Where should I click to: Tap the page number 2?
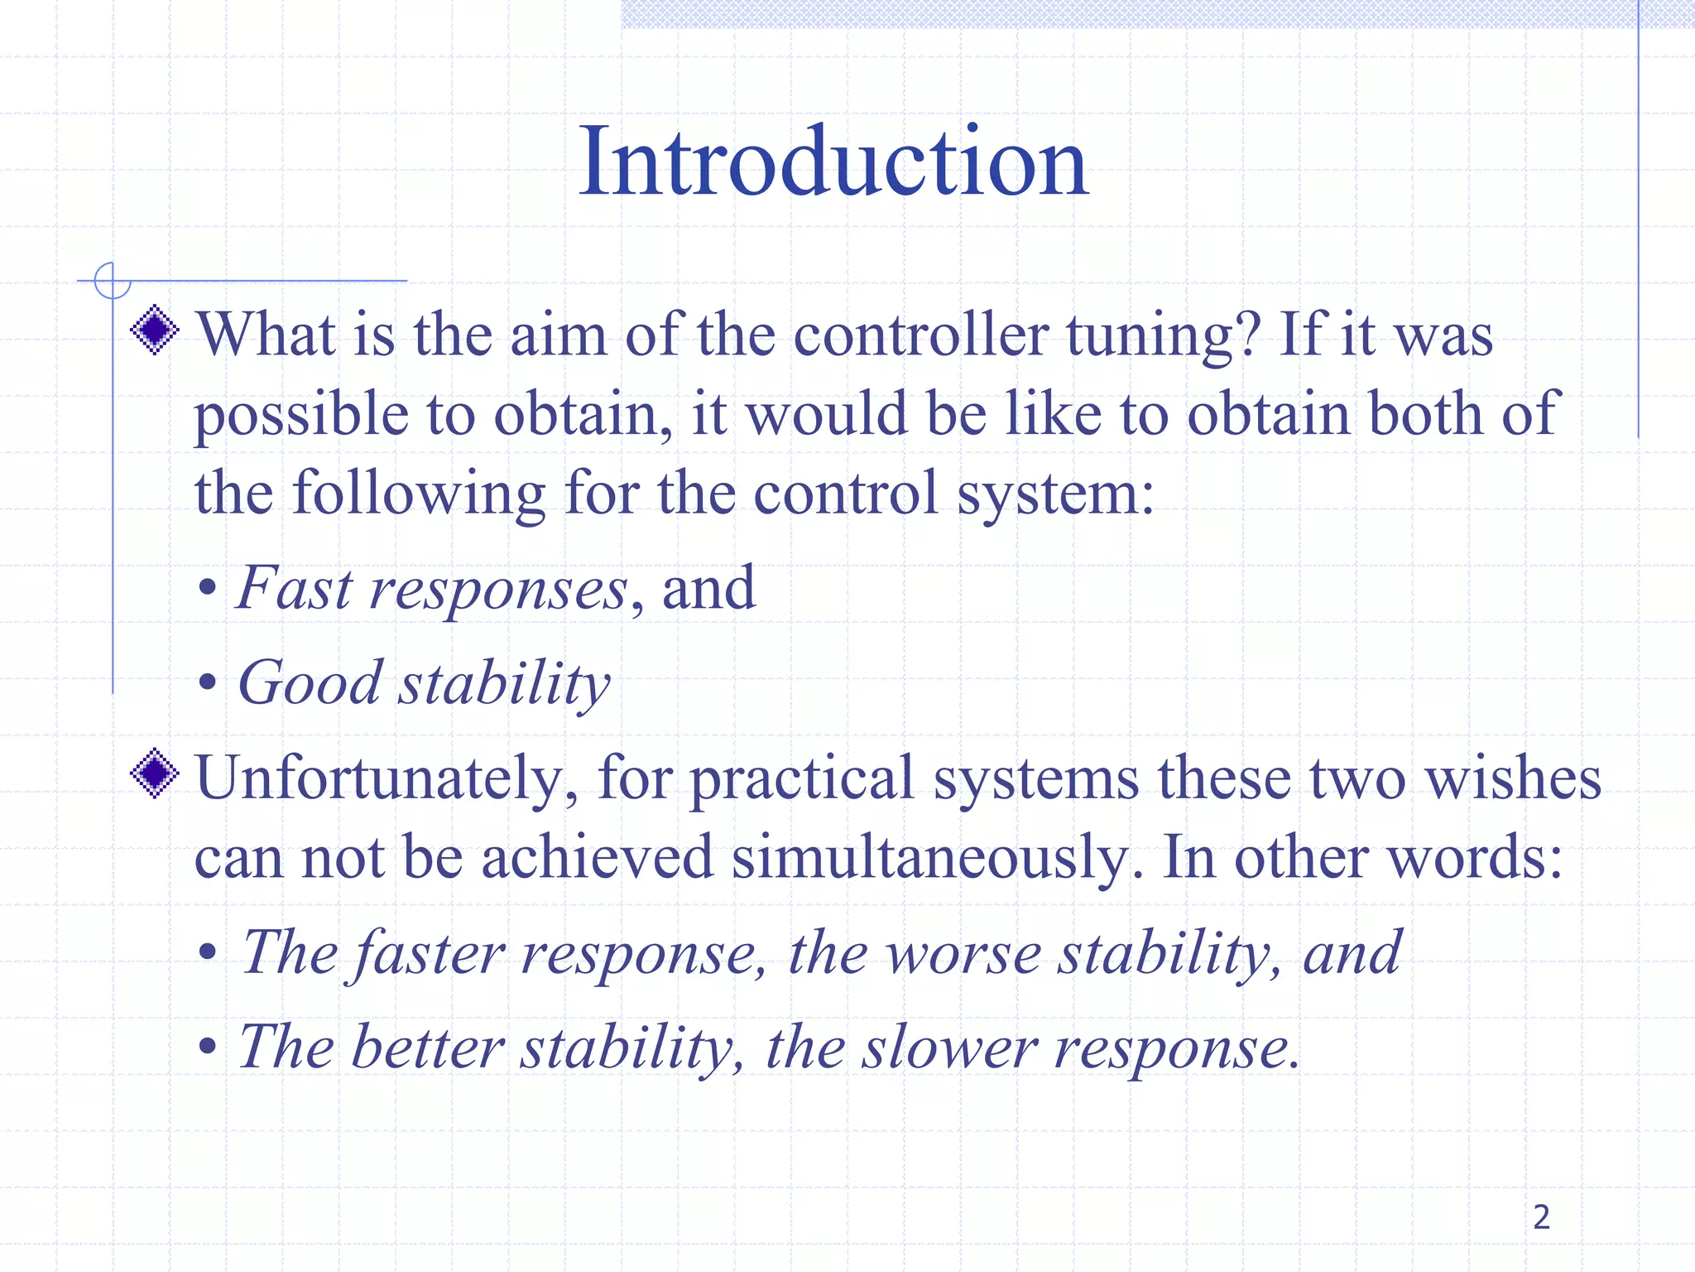pyautogui.click(x=1541, y=1217)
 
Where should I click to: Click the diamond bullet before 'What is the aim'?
pyautogui.click(x=155, y=330)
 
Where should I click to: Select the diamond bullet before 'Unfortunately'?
pyautogui.click(x=155, y=773)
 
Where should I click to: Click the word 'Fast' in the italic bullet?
pyautogui.click(x=295, y=588)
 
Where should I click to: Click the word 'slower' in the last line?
pyautogui.click(x=949, y=1048)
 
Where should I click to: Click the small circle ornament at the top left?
pyautogui.click(x=113, y=281)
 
